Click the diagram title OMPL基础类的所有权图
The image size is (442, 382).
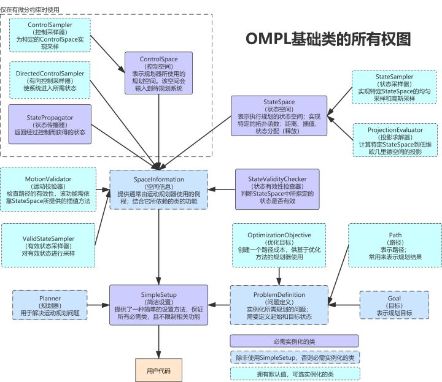[x=328, y=39]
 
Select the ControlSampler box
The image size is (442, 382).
[x=52, y=34]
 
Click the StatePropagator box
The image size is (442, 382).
[x=50, y=123]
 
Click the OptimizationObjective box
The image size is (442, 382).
[x=279, y=246]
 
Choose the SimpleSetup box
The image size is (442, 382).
[x=159, y=305]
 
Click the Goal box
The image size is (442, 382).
[x=395, y=304]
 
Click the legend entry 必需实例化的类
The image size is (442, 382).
[x=293, y=341]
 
